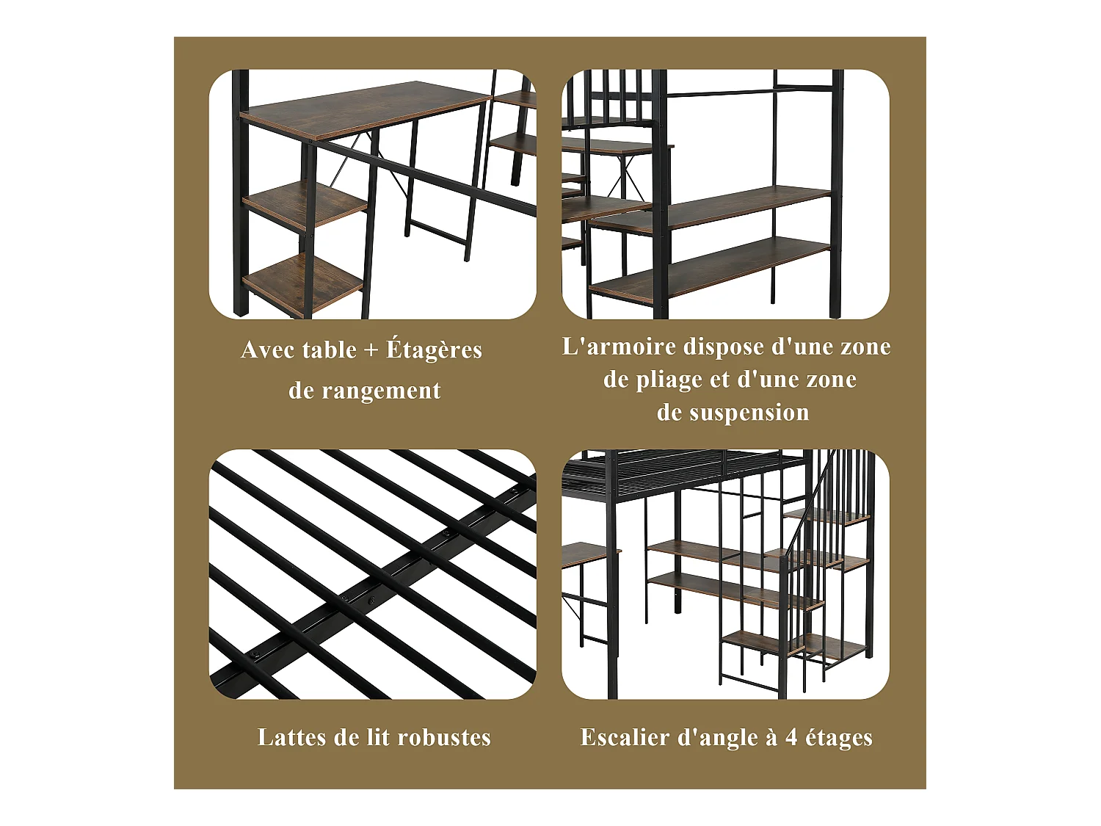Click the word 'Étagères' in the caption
point(434,349)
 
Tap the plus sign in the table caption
point(371,351)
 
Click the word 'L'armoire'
point(619,347)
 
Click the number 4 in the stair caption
point(791,738)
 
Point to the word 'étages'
point(839,737)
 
